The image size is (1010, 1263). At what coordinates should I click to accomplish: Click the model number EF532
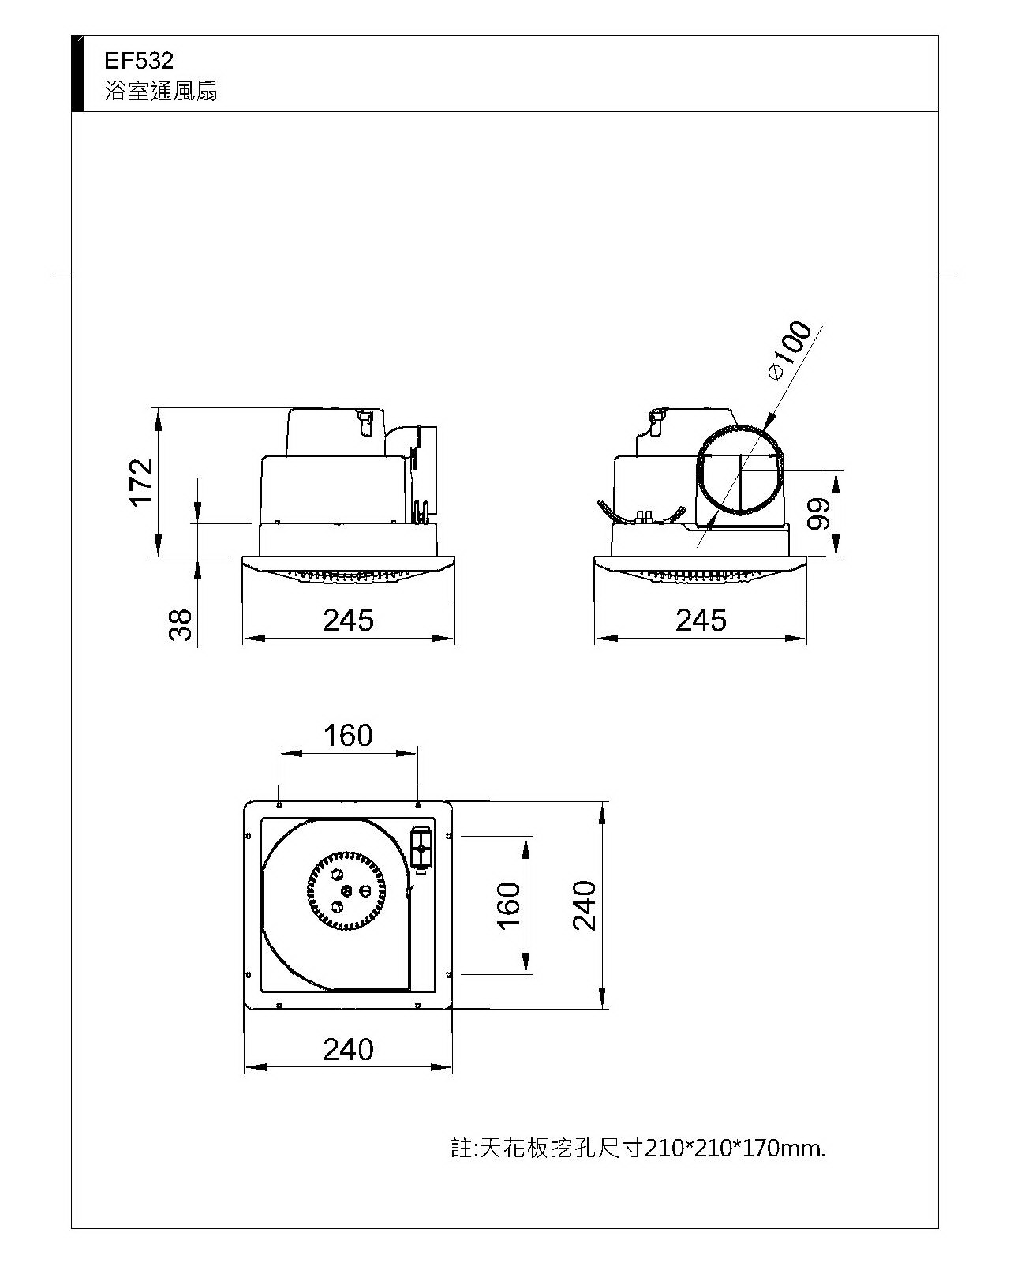point(139,61)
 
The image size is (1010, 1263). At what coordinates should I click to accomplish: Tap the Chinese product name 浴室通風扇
point(161,92)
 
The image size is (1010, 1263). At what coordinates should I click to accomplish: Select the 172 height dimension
point(141,482)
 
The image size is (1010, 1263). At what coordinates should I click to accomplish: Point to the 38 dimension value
point(181,625)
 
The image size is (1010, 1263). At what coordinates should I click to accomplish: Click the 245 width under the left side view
point(348,620)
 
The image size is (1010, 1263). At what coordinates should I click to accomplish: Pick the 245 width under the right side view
point(701,620)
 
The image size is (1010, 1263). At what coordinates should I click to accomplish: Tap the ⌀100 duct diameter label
point(790,351)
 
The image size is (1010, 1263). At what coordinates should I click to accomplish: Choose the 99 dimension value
point(818,514)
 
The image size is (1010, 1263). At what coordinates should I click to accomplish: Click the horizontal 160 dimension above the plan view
point(348,736)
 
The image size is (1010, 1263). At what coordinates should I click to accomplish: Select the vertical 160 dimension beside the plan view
point(509,905)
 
